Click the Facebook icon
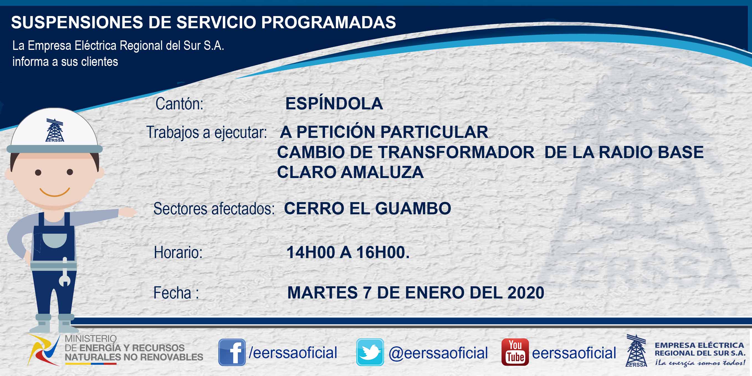pos(232,352)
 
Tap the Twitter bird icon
pos(370,352)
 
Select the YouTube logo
pos(515,352)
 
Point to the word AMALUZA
pos(382,172)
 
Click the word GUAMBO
pos(413,208)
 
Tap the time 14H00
pos(311,252)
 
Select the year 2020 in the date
pos(526,293)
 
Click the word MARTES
pos(323,293)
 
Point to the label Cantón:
pos(179,104)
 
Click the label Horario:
pos(178,252)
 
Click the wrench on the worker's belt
pos(65,272)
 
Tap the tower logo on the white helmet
pos(55,130)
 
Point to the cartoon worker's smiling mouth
pos(55,192)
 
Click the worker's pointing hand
pos(127,212)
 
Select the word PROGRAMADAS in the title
pos(328,22)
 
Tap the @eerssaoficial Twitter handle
pos(438,353)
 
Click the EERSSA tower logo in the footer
pos(636,350)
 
